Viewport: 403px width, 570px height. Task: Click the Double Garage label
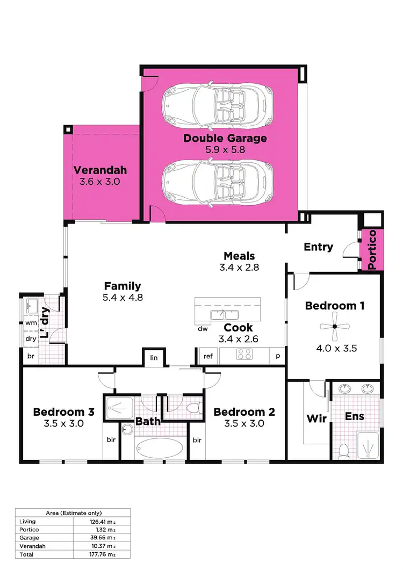225,138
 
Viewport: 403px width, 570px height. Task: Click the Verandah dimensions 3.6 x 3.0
99,182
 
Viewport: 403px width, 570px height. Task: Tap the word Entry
318,247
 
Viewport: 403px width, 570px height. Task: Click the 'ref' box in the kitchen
207,356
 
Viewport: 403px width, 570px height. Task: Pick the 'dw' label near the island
203,328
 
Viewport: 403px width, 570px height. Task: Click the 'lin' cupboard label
154,357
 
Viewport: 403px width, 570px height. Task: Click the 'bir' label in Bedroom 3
111,440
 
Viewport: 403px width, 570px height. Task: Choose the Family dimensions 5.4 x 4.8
123,297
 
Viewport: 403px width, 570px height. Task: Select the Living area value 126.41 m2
101,521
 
